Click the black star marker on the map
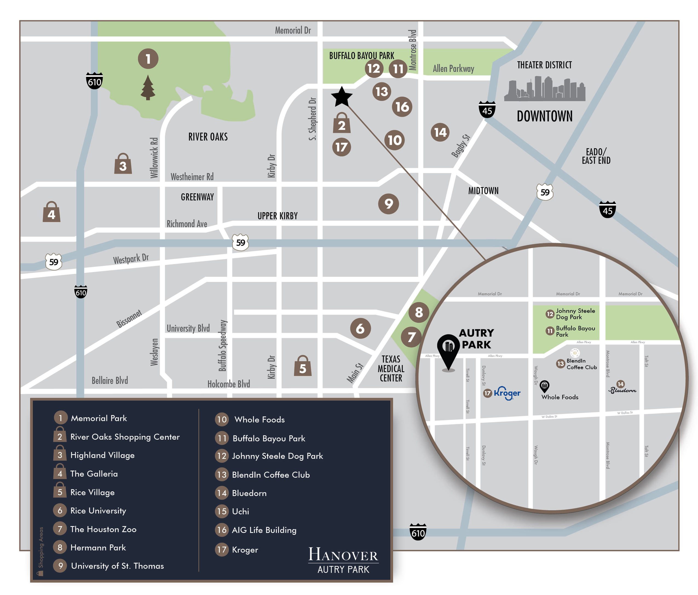342,97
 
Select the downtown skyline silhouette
544,89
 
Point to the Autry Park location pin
448,350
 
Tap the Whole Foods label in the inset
559,397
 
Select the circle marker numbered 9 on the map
388,204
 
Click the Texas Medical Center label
391,369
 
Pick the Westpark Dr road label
131,259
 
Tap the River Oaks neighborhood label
208,137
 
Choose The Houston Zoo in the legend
103,529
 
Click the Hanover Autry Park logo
343,560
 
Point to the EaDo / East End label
596,156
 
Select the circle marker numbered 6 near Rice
360,328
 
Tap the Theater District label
544,65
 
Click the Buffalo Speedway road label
223,346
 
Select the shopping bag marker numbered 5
302,366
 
